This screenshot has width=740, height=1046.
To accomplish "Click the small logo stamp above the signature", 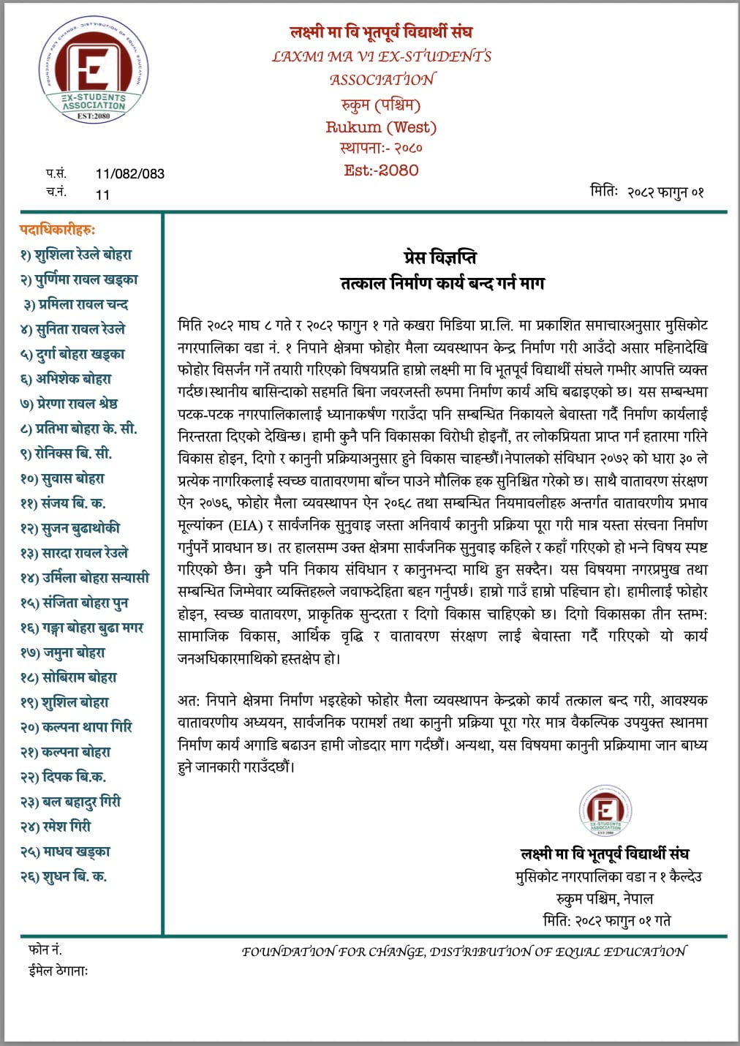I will click(605, 811).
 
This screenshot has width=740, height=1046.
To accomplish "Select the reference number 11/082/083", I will click(129, 174).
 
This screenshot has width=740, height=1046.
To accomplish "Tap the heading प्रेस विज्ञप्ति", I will click(440, 257).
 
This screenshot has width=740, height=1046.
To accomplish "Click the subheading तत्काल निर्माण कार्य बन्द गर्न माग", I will click(442, 283).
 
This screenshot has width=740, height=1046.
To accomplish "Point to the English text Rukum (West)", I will click(381, 127).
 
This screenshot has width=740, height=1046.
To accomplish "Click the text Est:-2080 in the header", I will click(381, 170).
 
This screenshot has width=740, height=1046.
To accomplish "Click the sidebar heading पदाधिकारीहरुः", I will click(58, 230).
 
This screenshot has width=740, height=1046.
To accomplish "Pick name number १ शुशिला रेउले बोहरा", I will click(77, 255).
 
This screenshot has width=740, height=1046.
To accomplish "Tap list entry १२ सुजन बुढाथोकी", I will click(70, 528).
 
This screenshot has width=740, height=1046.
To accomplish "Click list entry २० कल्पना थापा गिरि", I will click(77, 727).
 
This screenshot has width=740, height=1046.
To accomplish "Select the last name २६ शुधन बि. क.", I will click(64, 876).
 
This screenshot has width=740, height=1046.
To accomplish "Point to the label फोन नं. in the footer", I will click(45, 950).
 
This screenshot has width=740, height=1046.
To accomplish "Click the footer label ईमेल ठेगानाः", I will click(58, 971).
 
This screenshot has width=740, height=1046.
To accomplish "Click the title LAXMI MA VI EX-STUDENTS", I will click(381, 56).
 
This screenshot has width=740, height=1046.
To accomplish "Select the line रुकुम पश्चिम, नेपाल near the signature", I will click(604, 898).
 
